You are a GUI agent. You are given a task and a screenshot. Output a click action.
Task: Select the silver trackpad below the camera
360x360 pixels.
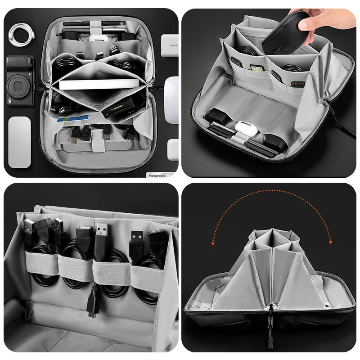coord(19,142)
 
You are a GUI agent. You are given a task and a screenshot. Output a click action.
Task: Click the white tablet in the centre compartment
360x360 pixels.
coord(99,84)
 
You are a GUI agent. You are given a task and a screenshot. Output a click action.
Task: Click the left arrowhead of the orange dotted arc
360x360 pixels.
coord(214,243)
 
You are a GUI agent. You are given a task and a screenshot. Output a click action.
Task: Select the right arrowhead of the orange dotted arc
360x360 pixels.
coord(330,242)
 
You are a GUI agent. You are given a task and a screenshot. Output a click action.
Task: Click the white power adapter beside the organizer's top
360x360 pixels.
coord(170,45)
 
